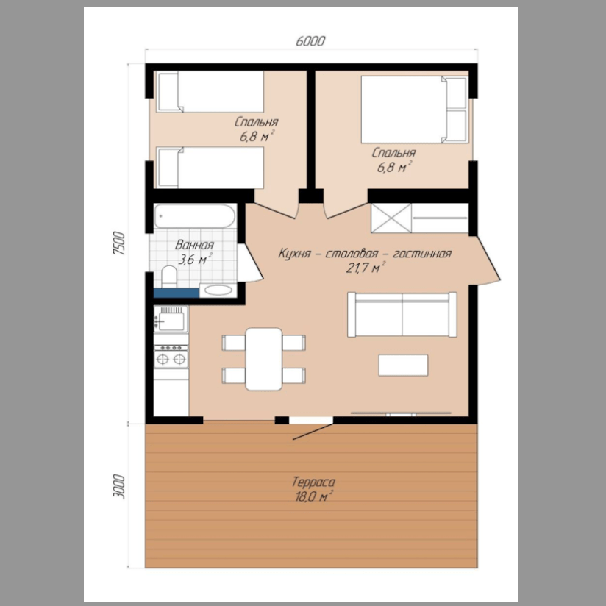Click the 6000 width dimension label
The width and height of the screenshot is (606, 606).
pos(310,40)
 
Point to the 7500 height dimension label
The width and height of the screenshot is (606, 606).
pos(119,243)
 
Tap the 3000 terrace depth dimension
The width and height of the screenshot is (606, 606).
pos(119,487)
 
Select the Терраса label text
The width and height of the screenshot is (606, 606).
pos(313,482)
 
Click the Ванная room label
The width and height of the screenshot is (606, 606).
pos(194,245)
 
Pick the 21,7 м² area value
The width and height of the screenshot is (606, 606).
pos(366,267)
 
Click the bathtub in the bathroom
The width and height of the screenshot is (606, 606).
pos(194,216)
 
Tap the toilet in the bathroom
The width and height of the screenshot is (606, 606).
pos(169,277)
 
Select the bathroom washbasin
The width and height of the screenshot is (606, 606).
pos(218,290)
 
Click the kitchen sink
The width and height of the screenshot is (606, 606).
pos(171,319)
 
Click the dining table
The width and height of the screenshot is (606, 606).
pos(263,359)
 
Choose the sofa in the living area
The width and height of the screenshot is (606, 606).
pos(402,314)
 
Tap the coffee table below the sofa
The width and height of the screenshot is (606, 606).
pos(403,365)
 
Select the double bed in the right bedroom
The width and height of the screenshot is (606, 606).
pos(414,110)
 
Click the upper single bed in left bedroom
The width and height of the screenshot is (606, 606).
pos(210,92)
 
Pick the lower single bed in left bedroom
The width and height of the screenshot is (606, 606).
pos(210,168)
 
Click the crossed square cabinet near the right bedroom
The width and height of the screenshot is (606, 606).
pos(391,218)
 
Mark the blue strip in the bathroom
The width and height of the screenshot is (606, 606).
pos(177,293)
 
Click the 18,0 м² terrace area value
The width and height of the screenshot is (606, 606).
pos(313,496)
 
